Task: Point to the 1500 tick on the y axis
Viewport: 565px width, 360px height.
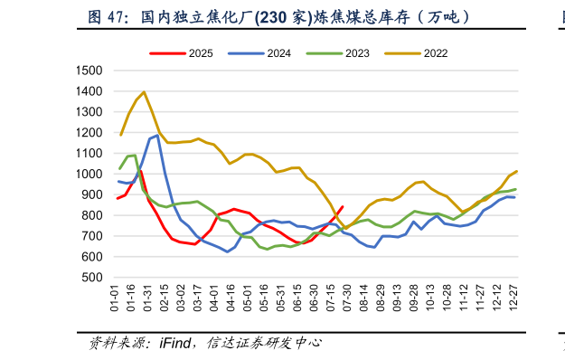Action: [x=89, y=71]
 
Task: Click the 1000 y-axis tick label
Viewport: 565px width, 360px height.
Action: [x=89, y=175]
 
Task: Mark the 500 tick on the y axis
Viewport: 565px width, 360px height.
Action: [x=93, y=278]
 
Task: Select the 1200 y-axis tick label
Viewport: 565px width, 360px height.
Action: [x=89, y=133]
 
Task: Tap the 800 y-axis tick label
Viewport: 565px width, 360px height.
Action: [x=93, y=215]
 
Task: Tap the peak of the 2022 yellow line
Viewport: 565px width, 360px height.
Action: [x=144, y=92]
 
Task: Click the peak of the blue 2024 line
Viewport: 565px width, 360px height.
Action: [x=157, y=136]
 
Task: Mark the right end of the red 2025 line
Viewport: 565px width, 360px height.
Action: [x=342, y=206]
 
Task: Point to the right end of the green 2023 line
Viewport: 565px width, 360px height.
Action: [x=515, y=189]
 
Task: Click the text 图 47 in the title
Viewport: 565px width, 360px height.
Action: [x=107, y=17]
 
